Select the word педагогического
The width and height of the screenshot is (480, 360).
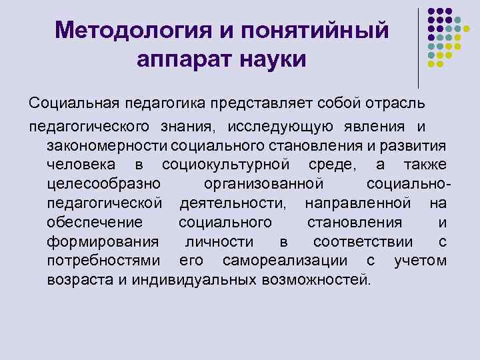pyautogui.click(x=89, y=127)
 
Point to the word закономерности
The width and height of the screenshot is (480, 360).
pyautogui.click(x=107, y=145)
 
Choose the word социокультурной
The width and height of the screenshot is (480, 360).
pyautogui.click(x=226, y=165)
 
